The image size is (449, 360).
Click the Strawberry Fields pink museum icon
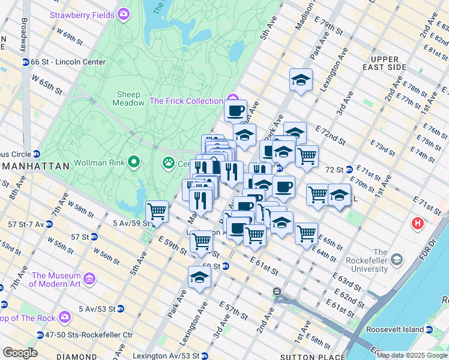[124, 14]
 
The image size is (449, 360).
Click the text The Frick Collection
[186, 101]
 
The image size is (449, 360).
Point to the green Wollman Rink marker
[133, 163]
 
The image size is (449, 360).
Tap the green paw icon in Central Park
[168, 163]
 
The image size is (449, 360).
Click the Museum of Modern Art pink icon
[89, 278]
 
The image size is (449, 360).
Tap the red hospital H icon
[417, 224]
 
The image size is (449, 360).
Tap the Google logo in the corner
[19, 353]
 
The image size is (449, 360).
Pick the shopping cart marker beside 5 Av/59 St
[157, 211]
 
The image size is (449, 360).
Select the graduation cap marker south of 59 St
[200, 277]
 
